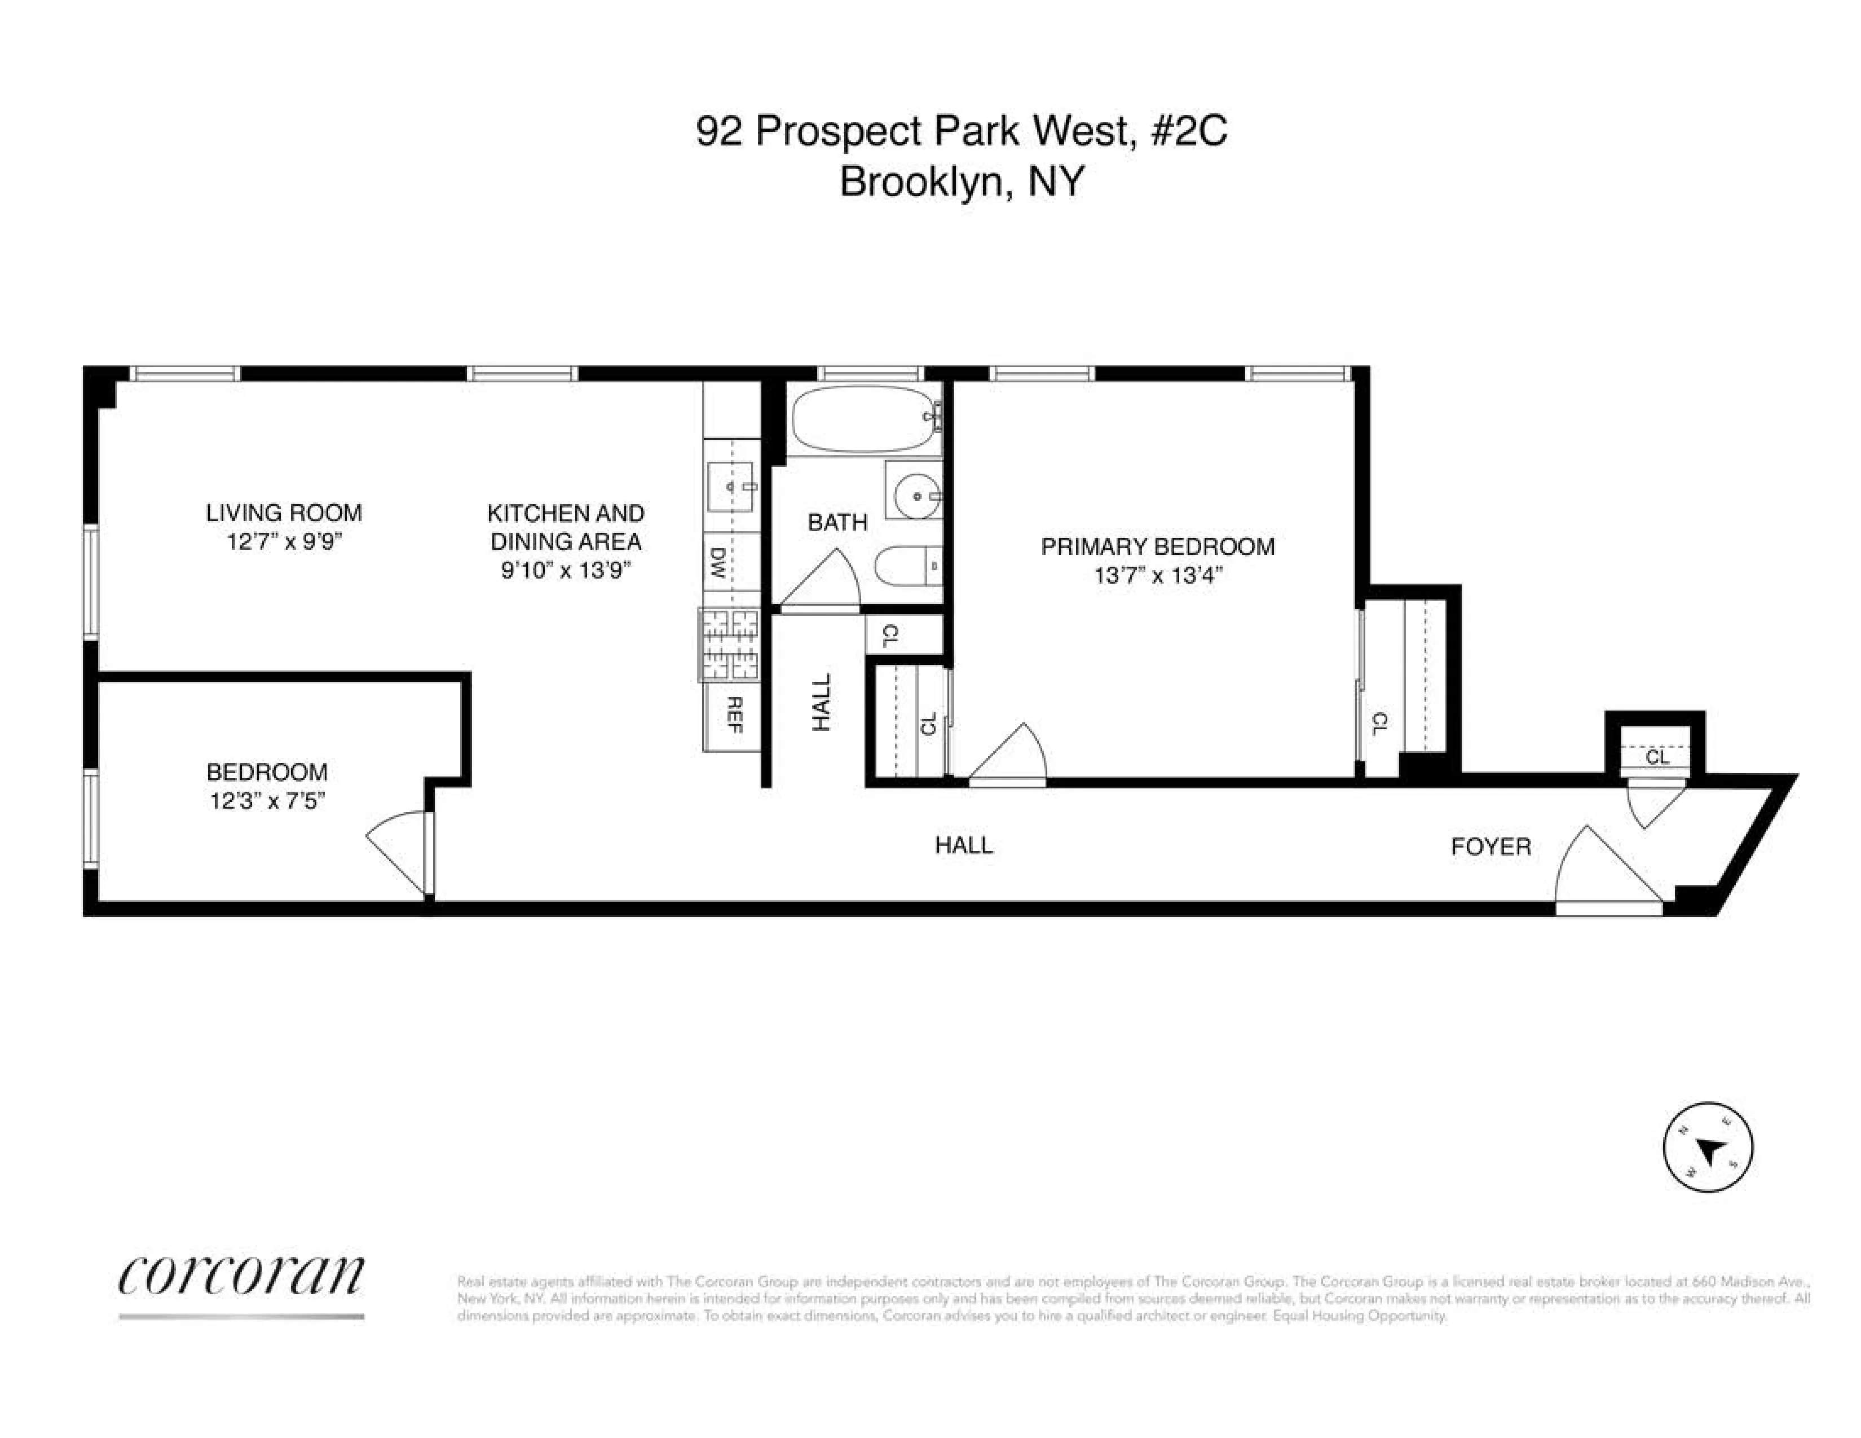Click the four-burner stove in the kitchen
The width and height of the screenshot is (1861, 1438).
tap(729, 645)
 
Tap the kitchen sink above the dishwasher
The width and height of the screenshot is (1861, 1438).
tap(731, 487)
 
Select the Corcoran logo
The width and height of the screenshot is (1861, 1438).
tap(241, 1276)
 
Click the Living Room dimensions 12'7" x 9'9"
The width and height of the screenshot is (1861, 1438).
tap(284, 542)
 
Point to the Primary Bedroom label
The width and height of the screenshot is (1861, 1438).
tap(1157, 547)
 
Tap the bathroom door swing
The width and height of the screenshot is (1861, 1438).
tap(821, 582)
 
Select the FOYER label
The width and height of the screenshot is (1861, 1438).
tap(1490, 847)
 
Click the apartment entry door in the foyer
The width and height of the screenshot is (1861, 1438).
tap(1606, 870)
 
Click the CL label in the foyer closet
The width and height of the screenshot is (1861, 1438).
tap(1656, 756)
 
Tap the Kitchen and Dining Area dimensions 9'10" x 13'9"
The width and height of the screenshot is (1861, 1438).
tap(565, 571)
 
